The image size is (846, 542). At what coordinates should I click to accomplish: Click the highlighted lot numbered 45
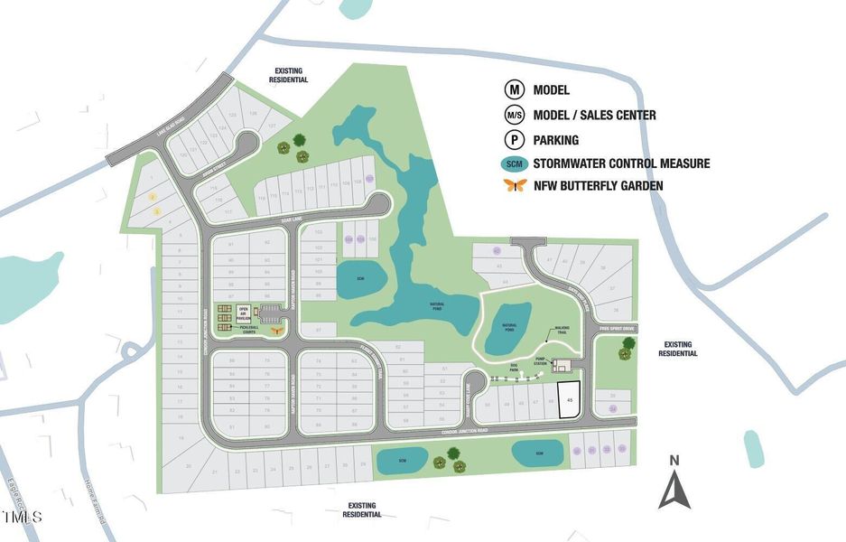569,398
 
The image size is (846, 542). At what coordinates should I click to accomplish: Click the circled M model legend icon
515,89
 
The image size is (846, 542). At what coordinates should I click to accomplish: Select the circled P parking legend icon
515,140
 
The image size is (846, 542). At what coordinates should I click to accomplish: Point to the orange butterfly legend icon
516,186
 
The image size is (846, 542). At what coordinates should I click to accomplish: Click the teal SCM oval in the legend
516,164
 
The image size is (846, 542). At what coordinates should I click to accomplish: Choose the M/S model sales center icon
515,115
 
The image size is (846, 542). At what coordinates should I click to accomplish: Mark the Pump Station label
541,360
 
